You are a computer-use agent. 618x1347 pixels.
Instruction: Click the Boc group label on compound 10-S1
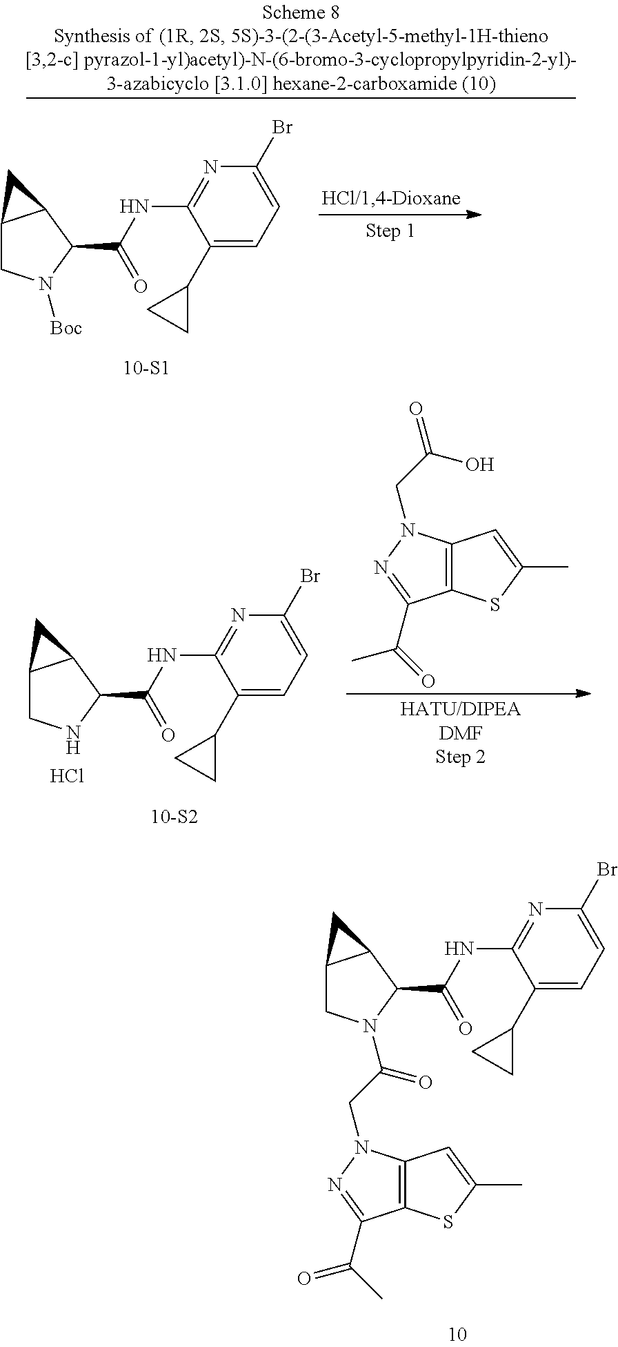66,328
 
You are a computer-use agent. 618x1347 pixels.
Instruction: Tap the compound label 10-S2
174,817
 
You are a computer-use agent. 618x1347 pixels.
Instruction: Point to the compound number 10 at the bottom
457,1333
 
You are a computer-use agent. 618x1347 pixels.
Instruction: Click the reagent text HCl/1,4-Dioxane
390,199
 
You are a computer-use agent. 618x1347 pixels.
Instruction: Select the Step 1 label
390,231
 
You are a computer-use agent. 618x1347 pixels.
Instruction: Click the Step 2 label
460,757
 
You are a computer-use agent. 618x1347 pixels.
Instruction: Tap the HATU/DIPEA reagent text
460,709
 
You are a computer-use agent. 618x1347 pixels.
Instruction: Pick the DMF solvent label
460,733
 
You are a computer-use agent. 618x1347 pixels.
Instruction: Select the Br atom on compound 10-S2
310,576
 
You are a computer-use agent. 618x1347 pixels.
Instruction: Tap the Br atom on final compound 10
607,869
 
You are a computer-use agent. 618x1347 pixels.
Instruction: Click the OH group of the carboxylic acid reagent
479,464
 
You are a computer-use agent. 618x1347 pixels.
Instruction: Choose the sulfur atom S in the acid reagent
494,605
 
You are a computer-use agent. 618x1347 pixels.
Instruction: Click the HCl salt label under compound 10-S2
67,776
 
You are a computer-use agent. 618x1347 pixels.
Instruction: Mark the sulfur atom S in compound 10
448,1223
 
